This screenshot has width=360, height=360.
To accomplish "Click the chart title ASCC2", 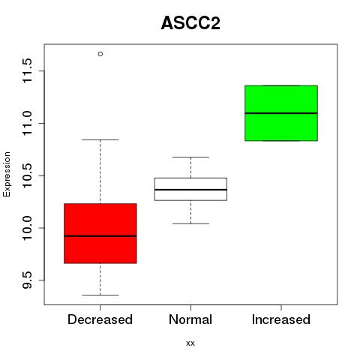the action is tap(190, 23).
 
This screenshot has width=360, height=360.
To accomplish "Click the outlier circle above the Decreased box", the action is tap(100, 54).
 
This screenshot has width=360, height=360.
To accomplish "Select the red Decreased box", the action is tap(100, 233).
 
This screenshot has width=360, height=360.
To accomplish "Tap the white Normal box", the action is tap(190, 189).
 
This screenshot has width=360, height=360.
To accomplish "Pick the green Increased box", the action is tap(281, 113).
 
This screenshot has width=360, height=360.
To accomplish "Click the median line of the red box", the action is tap(100, 236).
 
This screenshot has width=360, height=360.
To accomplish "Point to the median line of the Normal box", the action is tap(190, 190).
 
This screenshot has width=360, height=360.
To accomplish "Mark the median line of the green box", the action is tap(281, 113).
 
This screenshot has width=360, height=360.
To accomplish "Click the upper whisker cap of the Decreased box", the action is tap(100, 139).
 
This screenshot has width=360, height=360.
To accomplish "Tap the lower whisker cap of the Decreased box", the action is tap(100, 295).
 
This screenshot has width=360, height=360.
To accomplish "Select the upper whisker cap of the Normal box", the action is tap(190, 157).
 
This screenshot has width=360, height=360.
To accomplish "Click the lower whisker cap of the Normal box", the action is tap(190, 223).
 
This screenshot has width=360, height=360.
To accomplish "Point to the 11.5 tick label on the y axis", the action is tap(27, 71).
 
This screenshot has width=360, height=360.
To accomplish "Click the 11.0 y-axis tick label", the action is tap(27, 123).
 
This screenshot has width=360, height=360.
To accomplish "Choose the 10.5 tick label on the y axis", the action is tap(27, 175).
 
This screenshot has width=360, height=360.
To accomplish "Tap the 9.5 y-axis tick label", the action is tap(27, 280).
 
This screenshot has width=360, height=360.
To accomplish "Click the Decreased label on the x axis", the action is tap(100, 319).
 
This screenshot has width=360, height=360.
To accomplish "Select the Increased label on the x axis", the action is tap(281, 319).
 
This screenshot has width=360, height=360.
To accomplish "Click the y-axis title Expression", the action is tap(7, 174).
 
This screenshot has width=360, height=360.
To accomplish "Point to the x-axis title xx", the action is tap(190, 343).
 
